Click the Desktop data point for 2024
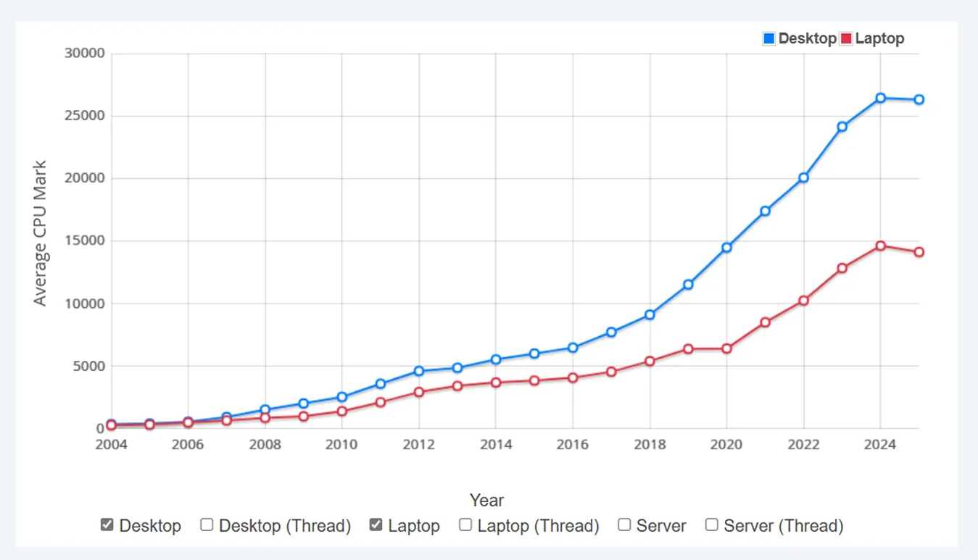[880, 98]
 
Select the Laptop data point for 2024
[880, 246]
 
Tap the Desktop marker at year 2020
[726, 248]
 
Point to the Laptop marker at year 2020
[726, 349]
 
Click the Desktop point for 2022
[803, 177]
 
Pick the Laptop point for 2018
[650, 361]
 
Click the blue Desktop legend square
[769, 38]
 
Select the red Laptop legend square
[845, 38]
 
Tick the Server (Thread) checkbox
[712, 525]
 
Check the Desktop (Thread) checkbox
[207, 525]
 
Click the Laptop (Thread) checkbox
[465, 525]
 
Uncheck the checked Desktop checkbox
[107, 525]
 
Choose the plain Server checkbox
[624, 525]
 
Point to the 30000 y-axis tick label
[86, 54]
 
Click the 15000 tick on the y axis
[86, 241]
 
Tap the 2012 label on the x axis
[419, 444]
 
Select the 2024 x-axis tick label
[880, 444]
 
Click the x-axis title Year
[486, 501]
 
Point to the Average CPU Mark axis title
[41, 233]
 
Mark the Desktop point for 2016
[573, 348]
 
